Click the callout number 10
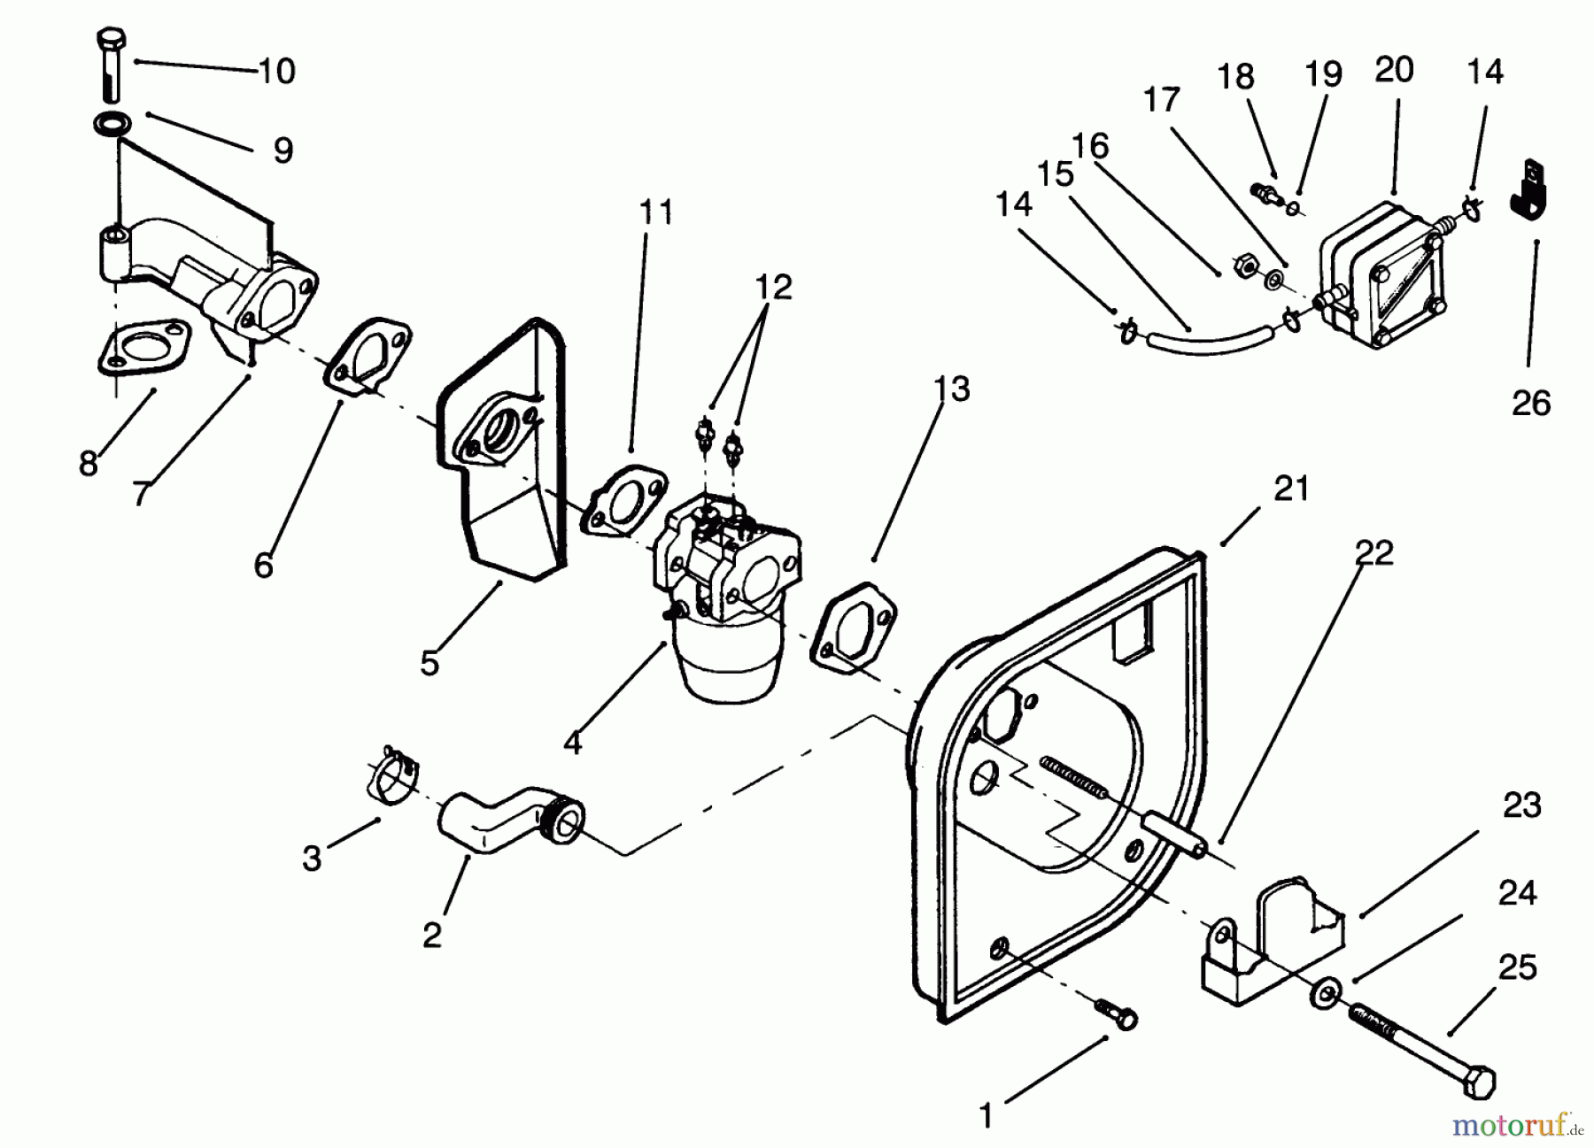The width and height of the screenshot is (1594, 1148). (x=276, y=71)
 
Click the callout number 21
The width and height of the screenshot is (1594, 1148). (x=1290, y=489)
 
